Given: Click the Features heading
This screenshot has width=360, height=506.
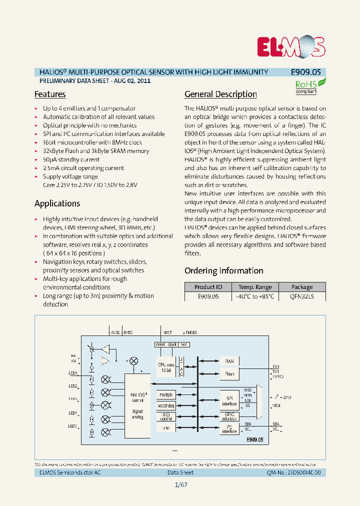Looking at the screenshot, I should coord(50,94).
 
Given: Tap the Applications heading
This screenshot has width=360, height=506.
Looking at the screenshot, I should coord(57,203).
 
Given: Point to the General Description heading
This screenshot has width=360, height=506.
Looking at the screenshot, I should coord(220,94).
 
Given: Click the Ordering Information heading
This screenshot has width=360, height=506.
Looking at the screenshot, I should coord(223,270).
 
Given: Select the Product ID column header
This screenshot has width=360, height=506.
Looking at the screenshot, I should coord(208,287).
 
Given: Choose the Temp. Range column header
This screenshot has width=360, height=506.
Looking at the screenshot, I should coord(255,287).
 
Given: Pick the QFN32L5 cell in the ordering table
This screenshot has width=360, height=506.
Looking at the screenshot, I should coord(302,296).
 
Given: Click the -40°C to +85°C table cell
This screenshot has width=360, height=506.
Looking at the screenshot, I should coord(255,296).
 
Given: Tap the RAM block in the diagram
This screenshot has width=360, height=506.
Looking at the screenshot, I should coord(229,361).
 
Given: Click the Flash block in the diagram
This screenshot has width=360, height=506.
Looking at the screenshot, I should coord(229,373).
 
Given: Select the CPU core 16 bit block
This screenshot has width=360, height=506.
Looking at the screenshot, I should coord(165,367).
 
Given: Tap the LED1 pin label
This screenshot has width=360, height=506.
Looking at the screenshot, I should coord(72,373).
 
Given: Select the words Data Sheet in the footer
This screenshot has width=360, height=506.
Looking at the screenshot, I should coord(180,473).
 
